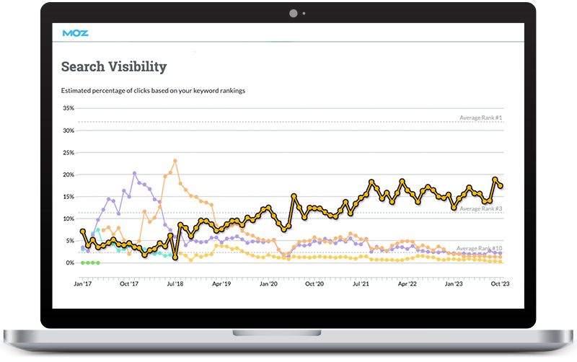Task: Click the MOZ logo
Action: (x=76, y=32)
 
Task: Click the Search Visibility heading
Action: (x=114, y=67)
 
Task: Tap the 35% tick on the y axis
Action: (x=69, y=108)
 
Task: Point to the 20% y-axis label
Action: (x=69, y=175)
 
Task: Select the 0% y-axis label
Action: (x=70, y=262)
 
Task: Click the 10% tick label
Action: (x=69, y=218)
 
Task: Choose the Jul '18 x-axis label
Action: (x=175, y=284)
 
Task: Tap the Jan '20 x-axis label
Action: (x=268, y=284)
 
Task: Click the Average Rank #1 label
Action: (x=480, y=118)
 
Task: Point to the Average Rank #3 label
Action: (x=480, y=209)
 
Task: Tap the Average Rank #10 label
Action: (x=479, y=249)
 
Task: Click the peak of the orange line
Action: (x=175, y=161)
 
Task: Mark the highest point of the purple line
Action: (x=135, y=173)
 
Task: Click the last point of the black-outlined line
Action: (x=501, y=186)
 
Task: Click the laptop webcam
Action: (x=294, y=13)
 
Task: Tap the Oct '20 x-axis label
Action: (x=314, y=284)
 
